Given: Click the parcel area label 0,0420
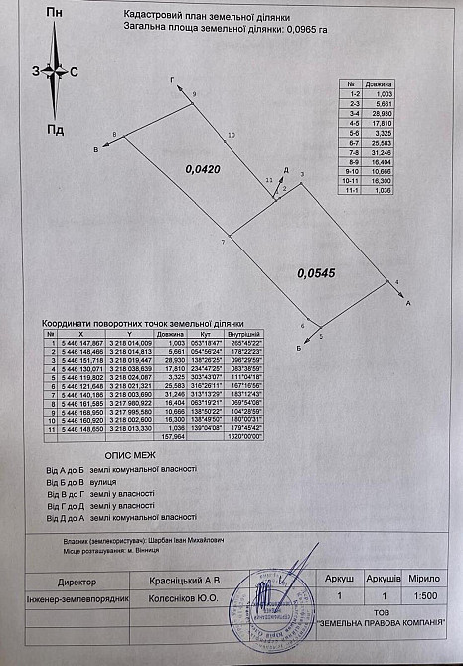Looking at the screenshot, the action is (x=202, y=170).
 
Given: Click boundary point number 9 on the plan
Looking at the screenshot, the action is (x=195, y=93).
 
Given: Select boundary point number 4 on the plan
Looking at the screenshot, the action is (x=397, y=283).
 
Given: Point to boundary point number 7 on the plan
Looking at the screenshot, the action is (x=224, y=243).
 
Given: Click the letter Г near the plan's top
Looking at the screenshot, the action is (x=172, y=78).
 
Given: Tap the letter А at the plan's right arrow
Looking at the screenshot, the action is (x=409, y=300).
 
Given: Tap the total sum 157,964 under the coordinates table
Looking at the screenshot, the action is (x=174, y=434).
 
